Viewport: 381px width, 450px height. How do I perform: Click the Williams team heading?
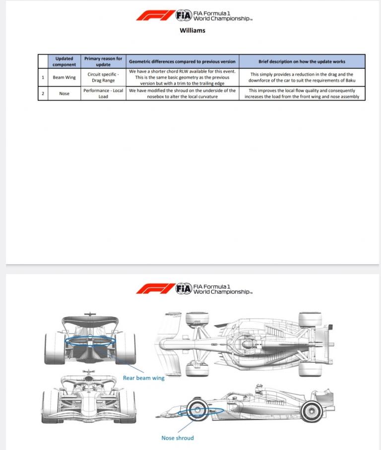point(192,30)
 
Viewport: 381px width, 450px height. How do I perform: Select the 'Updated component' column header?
point(64,61)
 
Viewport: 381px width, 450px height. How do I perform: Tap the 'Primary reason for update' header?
point(103,61)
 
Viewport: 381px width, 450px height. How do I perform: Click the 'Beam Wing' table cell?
point(64,77)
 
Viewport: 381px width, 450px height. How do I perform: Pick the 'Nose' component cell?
point(64,93)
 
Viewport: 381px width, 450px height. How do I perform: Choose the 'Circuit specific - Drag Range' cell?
point(103,77)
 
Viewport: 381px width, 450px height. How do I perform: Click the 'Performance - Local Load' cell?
point(103,93)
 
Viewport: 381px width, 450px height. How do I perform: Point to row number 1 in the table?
point(43,77)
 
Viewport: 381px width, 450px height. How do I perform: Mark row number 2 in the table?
point(43,93)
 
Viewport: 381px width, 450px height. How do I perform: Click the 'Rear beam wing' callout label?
point(143,378)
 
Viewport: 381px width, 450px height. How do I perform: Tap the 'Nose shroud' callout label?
point(178,438)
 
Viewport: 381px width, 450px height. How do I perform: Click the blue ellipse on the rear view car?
point(90,340)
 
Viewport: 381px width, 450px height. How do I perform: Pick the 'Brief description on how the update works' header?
point(302,61)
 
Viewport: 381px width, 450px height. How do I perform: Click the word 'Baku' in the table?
point(350,80)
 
